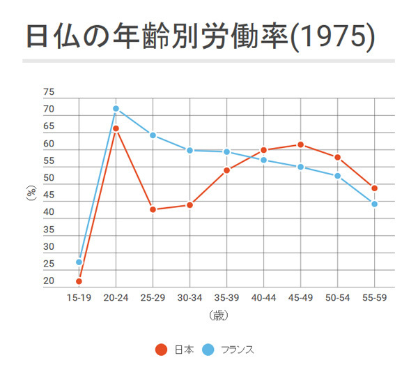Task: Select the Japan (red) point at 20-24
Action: [x=116, y=128]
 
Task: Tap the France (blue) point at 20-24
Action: [x=116, y=108]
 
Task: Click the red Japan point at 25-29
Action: [x=153, y=209]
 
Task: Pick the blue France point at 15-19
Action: [x=79, y=262]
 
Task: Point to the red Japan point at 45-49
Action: [x=300, y=144]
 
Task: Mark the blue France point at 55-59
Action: [x=374, y=204]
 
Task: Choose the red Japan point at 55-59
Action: [x=374, y=188]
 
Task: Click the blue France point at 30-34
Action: [x=189, y=150]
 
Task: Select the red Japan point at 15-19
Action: [x=79, y=281]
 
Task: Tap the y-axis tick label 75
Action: [x=48, y=92]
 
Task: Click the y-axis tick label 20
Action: [x=48, y=281]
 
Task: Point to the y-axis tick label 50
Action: [x=48, y=178]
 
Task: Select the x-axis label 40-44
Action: [x=263, y=297]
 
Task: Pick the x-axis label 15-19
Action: [x=79, y=297]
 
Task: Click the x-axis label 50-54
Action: [x=337, y=297]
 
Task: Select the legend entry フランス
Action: [x=229, y=349]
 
